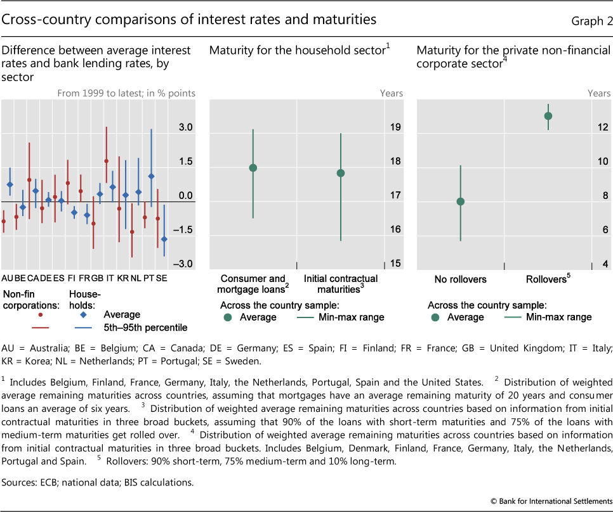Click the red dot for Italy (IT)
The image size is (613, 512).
pyautogui.click(x=106, y=162)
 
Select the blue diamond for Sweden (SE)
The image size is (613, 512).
pyautogui.click(x=164, y=239)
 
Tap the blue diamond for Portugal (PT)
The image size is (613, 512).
pyautogui.click(x=151, y=177)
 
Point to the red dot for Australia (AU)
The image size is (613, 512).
pyautogui.click(x=3, y=221)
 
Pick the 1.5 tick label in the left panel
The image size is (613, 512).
pyautogui.click(x=185, y=162)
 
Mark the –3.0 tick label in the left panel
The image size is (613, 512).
pyautogui.click(x=183, y=264)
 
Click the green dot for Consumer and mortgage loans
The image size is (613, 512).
pyautogui.click(x=253, y=168)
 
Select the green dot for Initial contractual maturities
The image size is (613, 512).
pyautogui.click(x=341, y=173)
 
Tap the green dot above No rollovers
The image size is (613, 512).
pyautogui.click(x=461, y=202)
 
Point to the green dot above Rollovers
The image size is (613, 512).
pyautogui.click(x=548, y=116)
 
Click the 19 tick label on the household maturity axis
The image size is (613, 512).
pyautogui.click(x=395, y=128)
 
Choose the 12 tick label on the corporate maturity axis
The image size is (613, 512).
pyautogui.click(x=602, y=128)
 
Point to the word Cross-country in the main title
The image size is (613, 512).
pyautogui.click(x=38, y=20)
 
